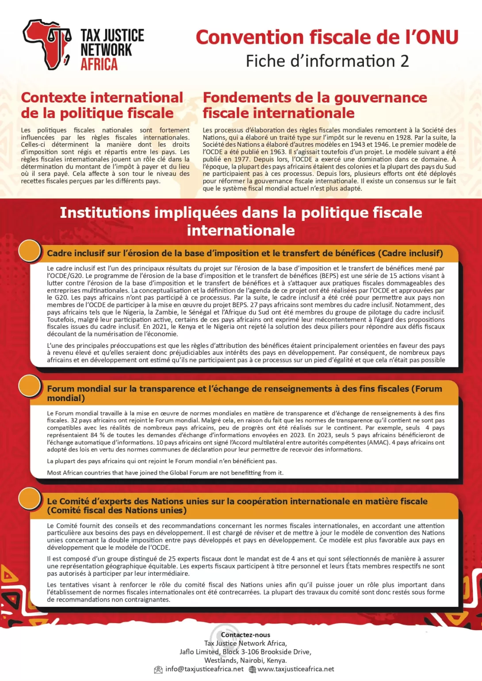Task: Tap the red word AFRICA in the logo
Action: click(x=99, y=65)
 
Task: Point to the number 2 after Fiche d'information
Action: click(x=404, y=61)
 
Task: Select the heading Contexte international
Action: click(x=102, y=98)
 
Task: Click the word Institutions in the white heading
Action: click(x=105, y=213)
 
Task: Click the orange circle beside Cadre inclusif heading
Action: click(x=30, y=251)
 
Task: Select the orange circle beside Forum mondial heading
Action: click(x=30, y=385)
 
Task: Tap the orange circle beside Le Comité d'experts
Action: click(x=30, y=498)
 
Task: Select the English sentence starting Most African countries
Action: click(x=165, y=472)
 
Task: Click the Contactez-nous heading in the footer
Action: click(x=245, y=635)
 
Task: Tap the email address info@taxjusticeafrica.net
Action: click(x=204, y=669)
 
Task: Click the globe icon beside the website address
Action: click(x=252, y=670)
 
